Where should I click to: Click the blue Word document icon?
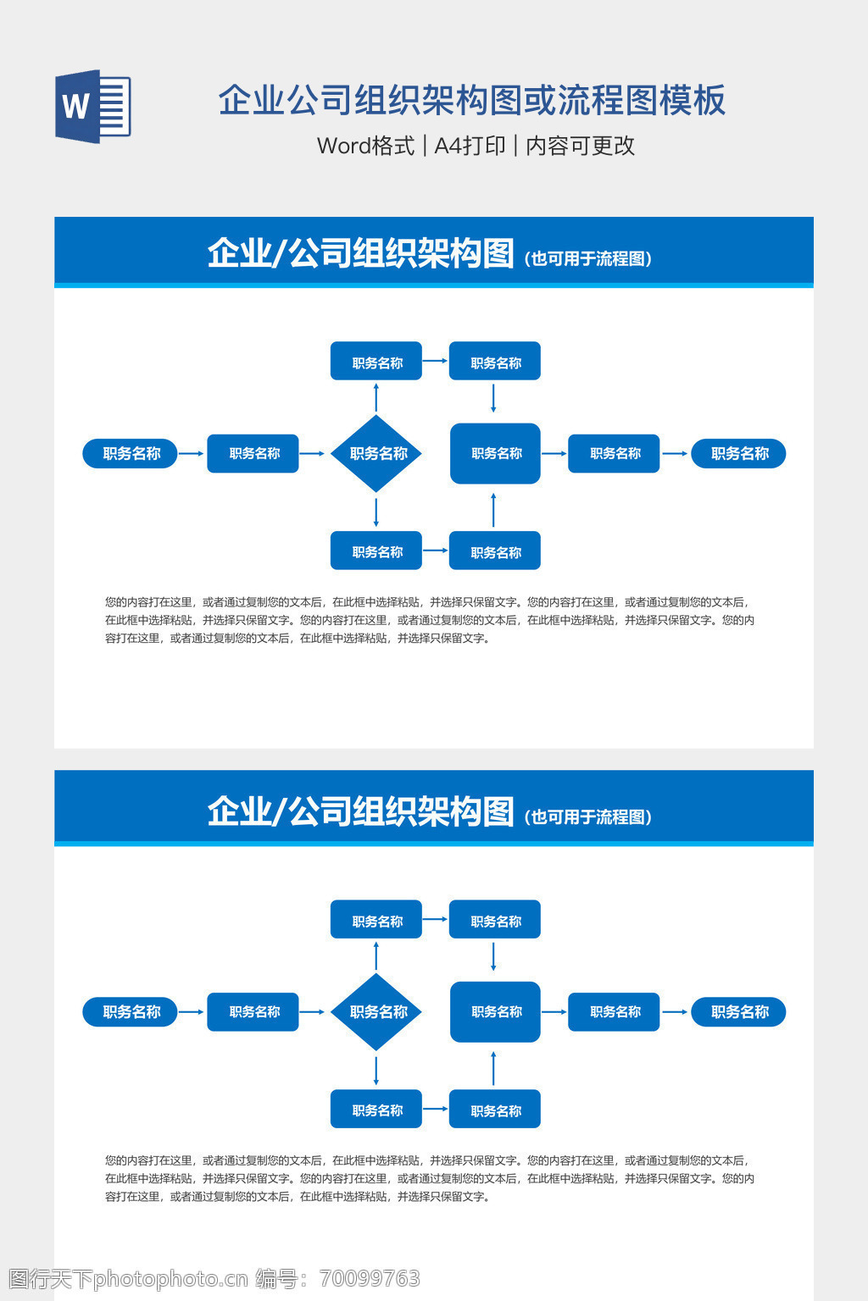92,107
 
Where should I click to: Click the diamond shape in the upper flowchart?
376,453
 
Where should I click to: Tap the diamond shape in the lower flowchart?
376,1011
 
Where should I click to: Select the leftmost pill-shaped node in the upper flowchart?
130,453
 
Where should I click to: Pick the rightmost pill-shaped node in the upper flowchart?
738,453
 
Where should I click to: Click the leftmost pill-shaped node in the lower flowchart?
130,1011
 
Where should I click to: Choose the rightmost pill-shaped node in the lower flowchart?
738,1011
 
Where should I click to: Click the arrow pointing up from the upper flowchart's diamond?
376,396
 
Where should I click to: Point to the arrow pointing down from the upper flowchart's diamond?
376,512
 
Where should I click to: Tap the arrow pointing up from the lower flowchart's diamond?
376,955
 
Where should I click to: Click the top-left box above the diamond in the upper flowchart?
376,362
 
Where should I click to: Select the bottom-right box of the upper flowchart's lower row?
495,551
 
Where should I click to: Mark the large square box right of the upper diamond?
495,453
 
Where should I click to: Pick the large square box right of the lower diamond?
495,1011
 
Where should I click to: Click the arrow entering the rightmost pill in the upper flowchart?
675,453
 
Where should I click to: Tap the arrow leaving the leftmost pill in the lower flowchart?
192,1011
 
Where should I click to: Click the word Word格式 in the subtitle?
365,146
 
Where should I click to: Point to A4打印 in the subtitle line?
470,146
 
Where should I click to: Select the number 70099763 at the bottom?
370,1278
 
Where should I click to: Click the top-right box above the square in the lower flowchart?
495,920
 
